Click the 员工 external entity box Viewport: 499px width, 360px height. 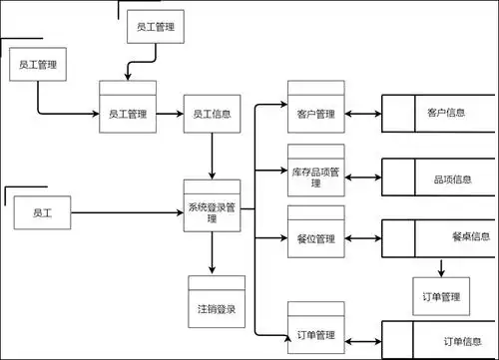(x=42, y=213)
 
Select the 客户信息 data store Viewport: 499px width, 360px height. (x=439, y=113)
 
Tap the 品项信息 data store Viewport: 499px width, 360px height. (x=439, y=180)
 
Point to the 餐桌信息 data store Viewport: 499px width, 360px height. (x=439, y=236)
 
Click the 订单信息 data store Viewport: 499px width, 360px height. (x=439, y=341)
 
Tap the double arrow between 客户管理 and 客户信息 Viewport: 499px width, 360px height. (x=364, y=114)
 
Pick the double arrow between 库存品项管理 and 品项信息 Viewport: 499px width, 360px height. (x=364, y=171)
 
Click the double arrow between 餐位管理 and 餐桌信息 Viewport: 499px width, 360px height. (x=364, y=237)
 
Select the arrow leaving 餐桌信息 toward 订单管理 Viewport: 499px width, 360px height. (x=440, y=266)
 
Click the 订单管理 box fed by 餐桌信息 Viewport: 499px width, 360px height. (x=440, y=296)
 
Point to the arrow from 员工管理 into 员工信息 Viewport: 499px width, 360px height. (x=170, y=114)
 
